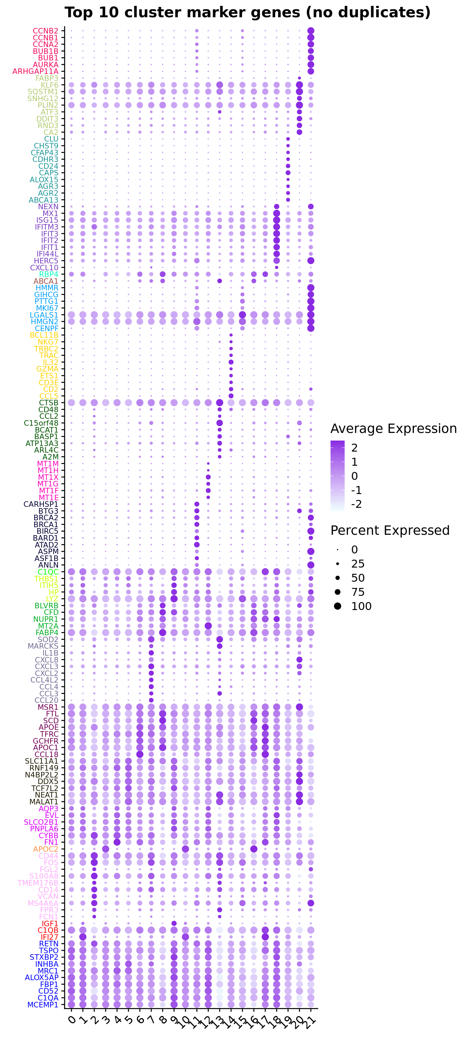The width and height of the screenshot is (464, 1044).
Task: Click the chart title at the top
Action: point(247,12)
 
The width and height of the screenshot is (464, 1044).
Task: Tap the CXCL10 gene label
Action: point(44,268)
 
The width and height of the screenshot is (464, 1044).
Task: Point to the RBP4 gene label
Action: point(49,274)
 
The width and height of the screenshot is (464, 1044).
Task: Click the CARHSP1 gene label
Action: point(41,504)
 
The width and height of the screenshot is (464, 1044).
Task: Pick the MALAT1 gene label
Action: point(44,802)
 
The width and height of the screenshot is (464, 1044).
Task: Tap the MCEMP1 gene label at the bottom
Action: point(43,1005)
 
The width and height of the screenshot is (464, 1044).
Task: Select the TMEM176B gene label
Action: point(38,883)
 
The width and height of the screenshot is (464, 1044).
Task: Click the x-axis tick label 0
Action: point(72,1019)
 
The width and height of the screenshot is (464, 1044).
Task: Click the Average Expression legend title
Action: point(393,428)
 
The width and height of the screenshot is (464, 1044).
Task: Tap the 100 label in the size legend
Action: point(361,606)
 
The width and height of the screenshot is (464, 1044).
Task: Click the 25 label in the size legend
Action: point(358,564)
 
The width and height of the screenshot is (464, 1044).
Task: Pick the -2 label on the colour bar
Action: point(356,504)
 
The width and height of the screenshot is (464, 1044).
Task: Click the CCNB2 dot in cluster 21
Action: point(311,31)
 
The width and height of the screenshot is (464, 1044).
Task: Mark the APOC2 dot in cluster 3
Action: point(106,849)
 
